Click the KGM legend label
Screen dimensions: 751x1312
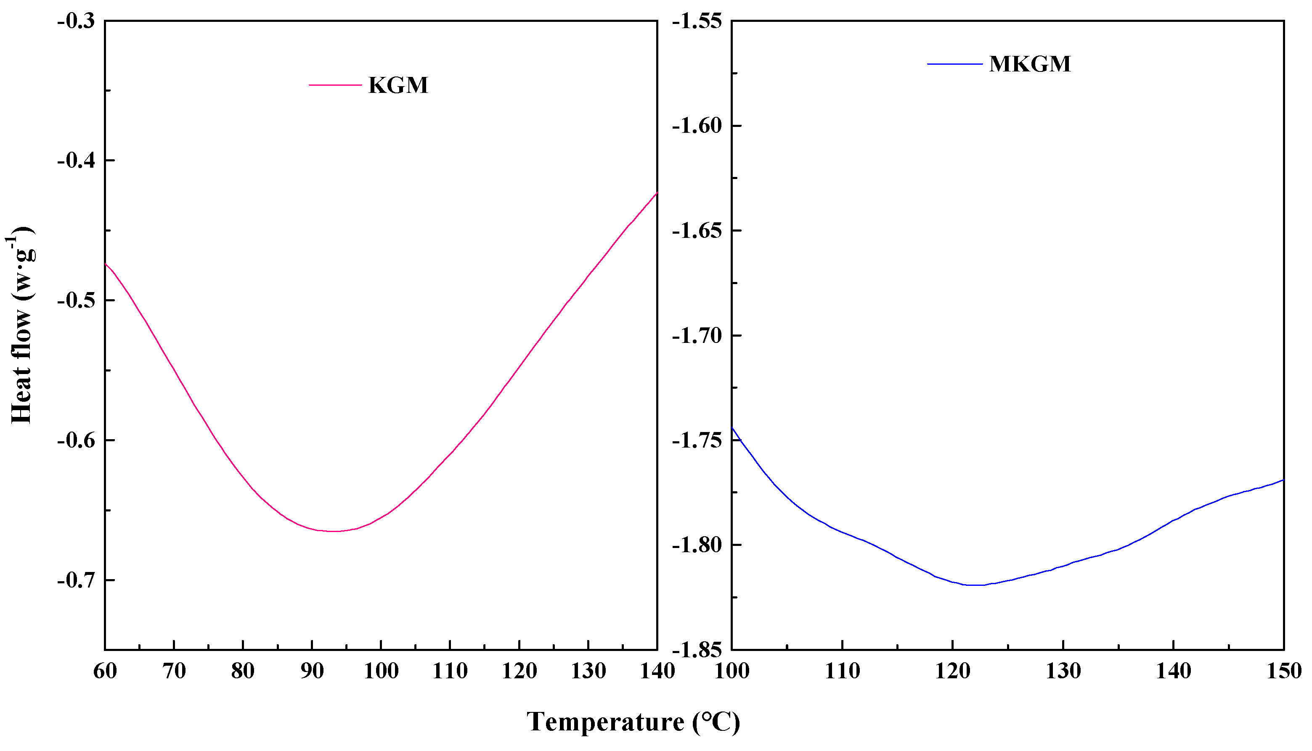coord(398,85)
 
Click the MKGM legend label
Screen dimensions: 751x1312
coord(1030,64)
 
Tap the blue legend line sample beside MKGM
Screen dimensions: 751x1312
coord(954,64)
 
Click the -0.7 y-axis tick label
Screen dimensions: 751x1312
coord(77,580)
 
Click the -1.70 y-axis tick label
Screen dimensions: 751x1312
coord(697,336)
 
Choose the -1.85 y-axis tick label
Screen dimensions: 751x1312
coord(697,649)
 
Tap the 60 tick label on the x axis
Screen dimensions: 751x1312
coord(105,671)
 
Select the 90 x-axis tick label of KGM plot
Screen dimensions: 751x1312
coord(312,671)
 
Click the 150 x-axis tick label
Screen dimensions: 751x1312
coord(1284,671)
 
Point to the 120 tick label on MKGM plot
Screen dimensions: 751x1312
coord(953,671)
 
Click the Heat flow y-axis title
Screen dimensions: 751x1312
coord(22,325)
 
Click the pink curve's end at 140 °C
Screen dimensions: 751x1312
coord(657,193)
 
